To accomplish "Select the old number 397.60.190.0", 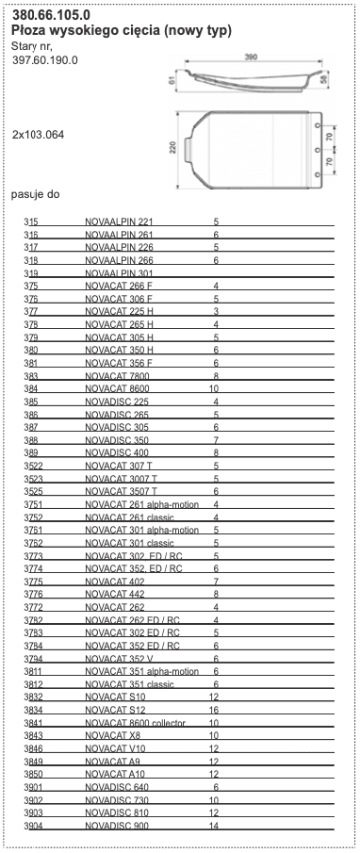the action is (x=45, y=60).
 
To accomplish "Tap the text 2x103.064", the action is (x=38, y=135).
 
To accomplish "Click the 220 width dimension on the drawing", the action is (x=173, y=149).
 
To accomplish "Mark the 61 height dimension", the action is (x=172, y=81).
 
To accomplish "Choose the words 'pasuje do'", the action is (x=36, y=194).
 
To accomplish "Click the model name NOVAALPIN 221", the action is (x=119, y=221).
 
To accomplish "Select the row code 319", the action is (x=31, y=272).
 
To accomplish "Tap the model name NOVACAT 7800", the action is (x=117, y=375).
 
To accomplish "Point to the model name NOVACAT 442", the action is (x=113, y=594).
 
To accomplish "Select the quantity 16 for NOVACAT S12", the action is (x=214, y=710).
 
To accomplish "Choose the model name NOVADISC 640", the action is (x=117, y=787).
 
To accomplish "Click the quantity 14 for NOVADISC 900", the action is (x=214, y=826).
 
